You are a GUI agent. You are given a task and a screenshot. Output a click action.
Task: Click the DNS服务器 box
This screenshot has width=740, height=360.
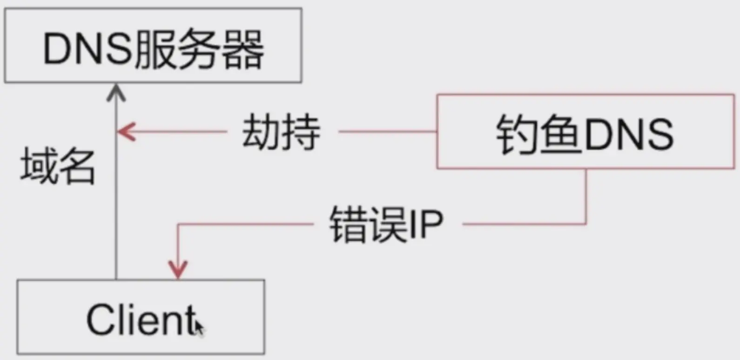tap(153, 46)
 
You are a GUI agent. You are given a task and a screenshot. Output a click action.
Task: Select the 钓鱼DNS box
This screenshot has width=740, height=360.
tap(585, 132)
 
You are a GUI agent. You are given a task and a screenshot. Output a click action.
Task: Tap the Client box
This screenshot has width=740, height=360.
tap(141, 317)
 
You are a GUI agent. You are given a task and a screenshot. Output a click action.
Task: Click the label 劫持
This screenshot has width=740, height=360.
tap(281, 132)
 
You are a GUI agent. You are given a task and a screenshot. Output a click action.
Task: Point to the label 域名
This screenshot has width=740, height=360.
tap(58, 166)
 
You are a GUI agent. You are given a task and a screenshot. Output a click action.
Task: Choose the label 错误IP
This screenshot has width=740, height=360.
tap(386, 224)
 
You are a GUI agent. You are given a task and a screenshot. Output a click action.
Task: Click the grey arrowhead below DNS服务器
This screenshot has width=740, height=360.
tap(116, 92)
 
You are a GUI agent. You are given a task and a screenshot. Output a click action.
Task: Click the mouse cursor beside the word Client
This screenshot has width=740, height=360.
tap(199, 327)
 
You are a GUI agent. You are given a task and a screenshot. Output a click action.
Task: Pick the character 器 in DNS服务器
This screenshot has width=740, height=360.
tap(242, 49)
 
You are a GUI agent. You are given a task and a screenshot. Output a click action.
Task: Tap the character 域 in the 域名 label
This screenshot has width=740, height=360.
tap(38, 166)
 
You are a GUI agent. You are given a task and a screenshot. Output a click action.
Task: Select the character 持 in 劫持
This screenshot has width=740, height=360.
tap(301, 132)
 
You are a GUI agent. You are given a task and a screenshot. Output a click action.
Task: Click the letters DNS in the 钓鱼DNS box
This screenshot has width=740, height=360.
tap(629, 134)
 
